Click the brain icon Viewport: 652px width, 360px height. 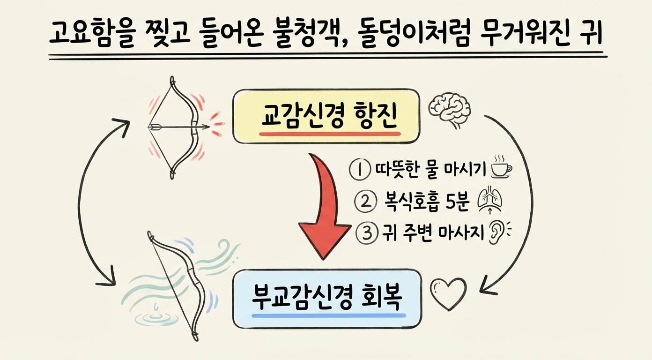click(449, 111)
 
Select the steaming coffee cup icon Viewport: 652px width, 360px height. click(501, 167)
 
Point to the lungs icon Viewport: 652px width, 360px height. click(490, 201)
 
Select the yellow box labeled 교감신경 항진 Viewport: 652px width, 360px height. click(326, 117)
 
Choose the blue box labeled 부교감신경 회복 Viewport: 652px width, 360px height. click(327, 299)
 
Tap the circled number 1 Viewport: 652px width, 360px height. click(360, 170)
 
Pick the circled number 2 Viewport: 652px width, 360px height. click(364, 202)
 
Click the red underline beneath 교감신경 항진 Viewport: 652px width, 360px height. click(330, 134)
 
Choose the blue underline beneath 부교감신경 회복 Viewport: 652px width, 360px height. click(329, 315)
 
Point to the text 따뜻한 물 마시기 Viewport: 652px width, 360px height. click(431, 170)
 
